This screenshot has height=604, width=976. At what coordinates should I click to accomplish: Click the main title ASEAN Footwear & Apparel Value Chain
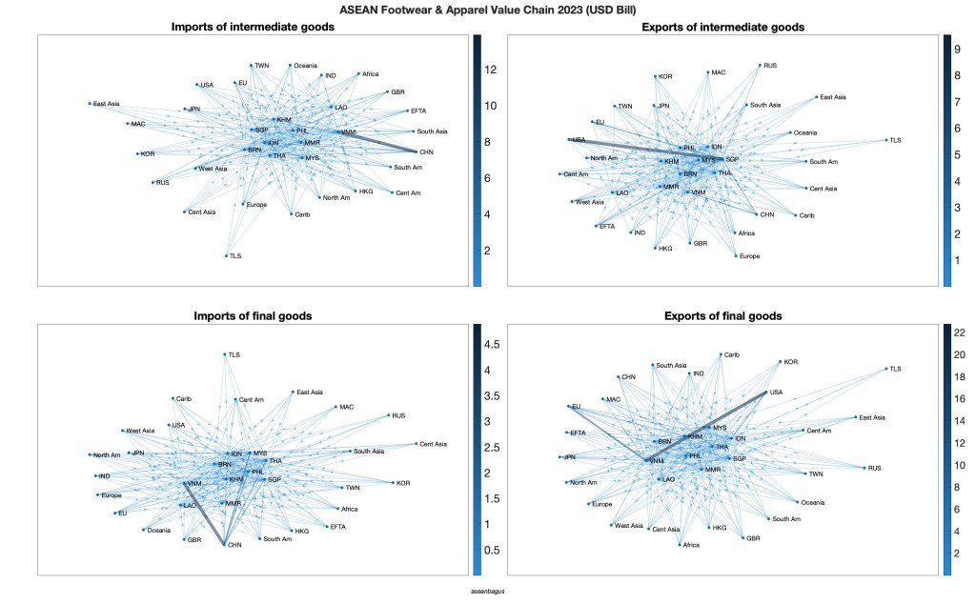487,10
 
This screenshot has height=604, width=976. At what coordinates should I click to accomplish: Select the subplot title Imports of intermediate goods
252,27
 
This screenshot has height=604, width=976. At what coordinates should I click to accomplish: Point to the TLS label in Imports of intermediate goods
235,256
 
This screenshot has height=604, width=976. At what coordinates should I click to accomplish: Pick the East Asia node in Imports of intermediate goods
91,103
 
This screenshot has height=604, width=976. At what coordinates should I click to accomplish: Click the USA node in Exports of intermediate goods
569,140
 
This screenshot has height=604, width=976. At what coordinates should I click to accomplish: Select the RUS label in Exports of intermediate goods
771,66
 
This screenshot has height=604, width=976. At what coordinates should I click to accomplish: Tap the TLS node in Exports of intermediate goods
886,140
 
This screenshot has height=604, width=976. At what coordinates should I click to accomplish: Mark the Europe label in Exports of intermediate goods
750,256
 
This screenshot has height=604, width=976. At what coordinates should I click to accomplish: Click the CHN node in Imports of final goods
225,544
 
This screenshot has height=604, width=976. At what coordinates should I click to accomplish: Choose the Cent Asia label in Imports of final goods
433,444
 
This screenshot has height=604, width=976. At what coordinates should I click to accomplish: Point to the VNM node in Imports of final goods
185,483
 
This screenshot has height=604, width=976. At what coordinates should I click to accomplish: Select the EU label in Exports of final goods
576,407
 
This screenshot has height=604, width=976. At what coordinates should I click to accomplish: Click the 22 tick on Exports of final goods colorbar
960,332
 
